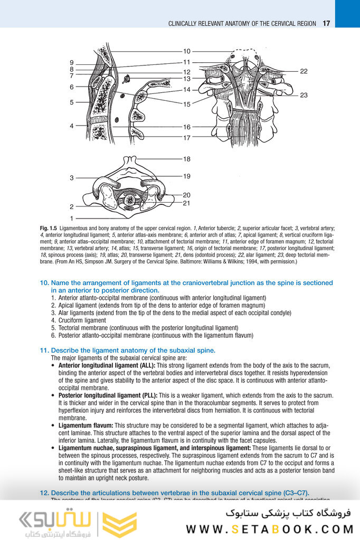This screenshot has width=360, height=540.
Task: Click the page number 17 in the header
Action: [x=326, y=23]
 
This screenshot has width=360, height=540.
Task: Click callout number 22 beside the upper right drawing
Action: [x=304, y=71]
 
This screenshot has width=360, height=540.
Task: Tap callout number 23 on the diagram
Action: [x=304, y=95]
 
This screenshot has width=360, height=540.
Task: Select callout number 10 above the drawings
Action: [x=187, y=52]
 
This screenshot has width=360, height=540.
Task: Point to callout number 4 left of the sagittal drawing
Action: [x=71, y=126]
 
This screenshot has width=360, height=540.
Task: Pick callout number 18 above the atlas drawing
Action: [x=187, y=159]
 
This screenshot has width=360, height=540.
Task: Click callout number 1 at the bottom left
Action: [x=71, y=217]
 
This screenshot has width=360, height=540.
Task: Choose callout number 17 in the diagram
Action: [x=187, y=138]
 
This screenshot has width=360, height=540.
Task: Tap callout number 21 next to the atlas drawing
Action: [x=187, y=203]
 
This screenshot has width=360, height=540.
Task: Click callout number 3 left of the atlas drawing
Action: [x=71, y=178]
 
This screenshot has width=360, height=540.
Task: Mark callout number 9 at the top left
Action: [x=71, y=63]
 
